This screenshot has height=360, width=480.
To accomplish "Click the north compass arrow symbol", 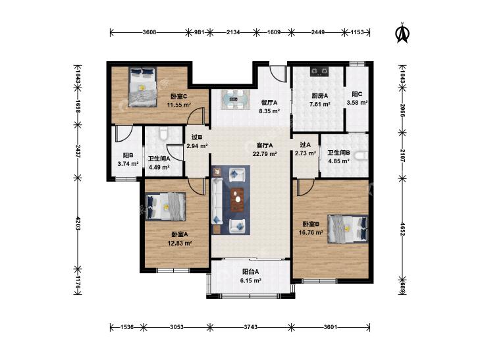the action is point(403,33).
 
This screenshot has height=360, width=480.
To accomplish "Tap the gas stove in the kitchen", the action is point(319,72).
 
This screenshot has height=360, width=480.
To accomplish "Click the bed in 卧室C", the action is point(142,87).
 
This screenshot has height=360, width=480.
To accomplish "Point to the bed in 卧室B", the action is point(348,229).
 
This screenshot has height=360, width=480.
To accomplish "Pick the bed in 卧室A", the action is point(166,207).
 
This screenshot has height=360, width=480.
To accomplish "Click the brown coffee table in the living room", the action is point(237,199).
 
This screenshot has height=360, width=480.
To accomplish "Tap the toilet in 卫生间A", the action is point(163,133).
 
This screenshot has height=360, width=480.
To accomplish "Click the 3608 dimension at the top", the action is point(149,32).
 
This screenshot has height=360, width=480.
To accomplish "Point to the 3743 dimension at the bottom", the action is point(250,327).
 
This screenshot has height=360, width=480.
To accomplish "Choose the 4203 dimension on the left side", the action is point(78,223).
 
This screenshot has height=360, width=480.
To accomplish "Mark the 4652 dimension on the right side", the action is point(402,229).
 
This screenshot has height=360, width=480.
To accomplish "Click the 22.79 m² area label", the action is point(265,154).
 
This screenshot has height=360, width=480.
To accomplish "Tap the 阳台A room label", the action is point(250,272).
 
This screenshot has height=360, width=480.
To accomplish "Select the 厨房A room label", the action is point(319,95).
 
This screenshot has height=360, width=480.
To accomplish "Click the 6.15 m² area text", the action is point(250,280).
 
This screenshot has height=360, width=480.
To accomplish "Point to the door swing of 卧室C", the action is point(196,116).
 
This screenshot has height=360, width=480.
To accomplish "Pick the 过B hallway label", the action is point(197,138).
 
